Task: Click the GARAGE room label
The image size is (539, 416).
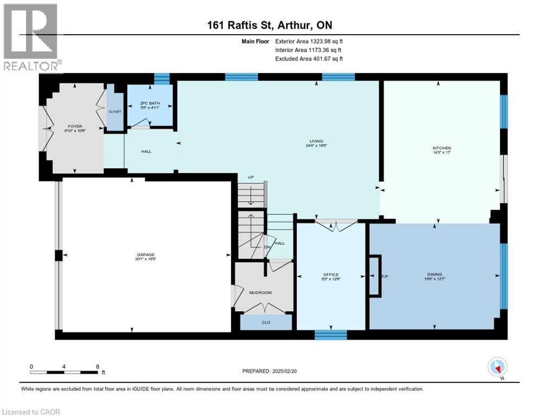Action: (x=146, y=255)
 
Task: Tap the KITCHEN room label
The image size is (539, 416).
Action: (x=441, y=148)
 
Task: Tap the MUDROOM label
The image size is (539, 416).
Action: (x=260, y=292)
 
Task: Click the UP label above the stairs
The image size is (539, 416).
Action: (x=250, y=177)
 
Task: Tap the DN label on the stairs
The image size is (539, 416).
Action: (x=267, y=247)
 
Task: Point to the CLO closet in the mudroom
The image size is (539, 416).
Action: (x=266, y=322)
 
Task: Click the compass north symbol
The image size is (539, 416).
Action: (x=497, y=368)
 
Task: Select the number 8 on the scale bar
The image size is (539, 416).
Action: (x=97, y=366)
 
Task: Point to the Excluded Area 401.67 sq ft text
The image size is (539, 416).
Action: (x=309, y=58)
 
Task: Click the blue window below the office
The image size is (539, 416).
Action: (x=331, y=334)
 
